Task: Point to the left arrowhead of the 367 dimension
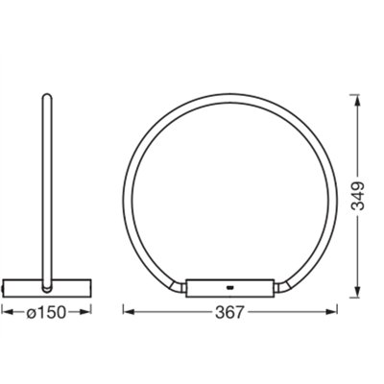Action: coord(128,312)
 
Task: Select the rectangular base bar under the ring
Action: coord(230,286)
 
